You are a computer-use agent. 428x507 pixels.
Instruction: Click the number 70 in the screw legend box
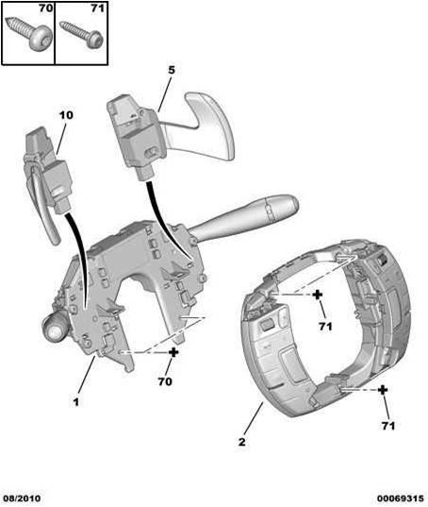(45, 8)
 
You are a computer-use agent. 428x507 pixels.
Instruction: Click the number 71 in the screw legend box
(97, 8)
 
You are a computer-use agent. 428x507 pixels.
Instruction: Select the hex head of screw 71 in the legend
(95, 40)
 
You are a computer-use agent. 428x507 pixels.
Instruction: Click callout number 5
(172, 70)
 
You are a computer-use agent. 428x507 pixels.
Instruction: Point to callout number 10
(66, 115)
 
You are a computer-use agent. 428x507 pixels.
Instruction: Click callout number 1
(75, 402)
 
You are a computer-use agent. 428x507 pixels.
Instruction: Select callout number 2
(241, 441)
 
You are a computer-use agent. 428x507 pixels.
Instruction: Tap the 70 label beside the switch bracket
(165, 381)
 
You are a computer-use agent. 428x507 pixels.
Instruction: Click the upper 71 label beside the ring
(325, 327)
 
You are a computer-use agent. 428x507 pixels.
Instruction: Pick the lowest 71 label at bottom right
(388, 426)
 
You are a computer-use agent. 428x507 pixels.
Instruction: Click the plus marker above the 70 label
(173, 352)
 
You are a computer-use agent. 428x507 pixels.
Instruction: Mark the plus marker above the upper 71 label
(318, 295)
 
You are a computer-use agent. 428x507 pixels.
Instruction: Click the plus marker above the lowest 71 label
(383, 390)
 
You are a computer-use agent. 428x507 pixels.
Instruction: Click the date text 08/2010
(21, 499)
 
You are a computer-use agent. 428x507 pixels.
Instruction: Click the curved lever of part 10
(42, 200)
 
